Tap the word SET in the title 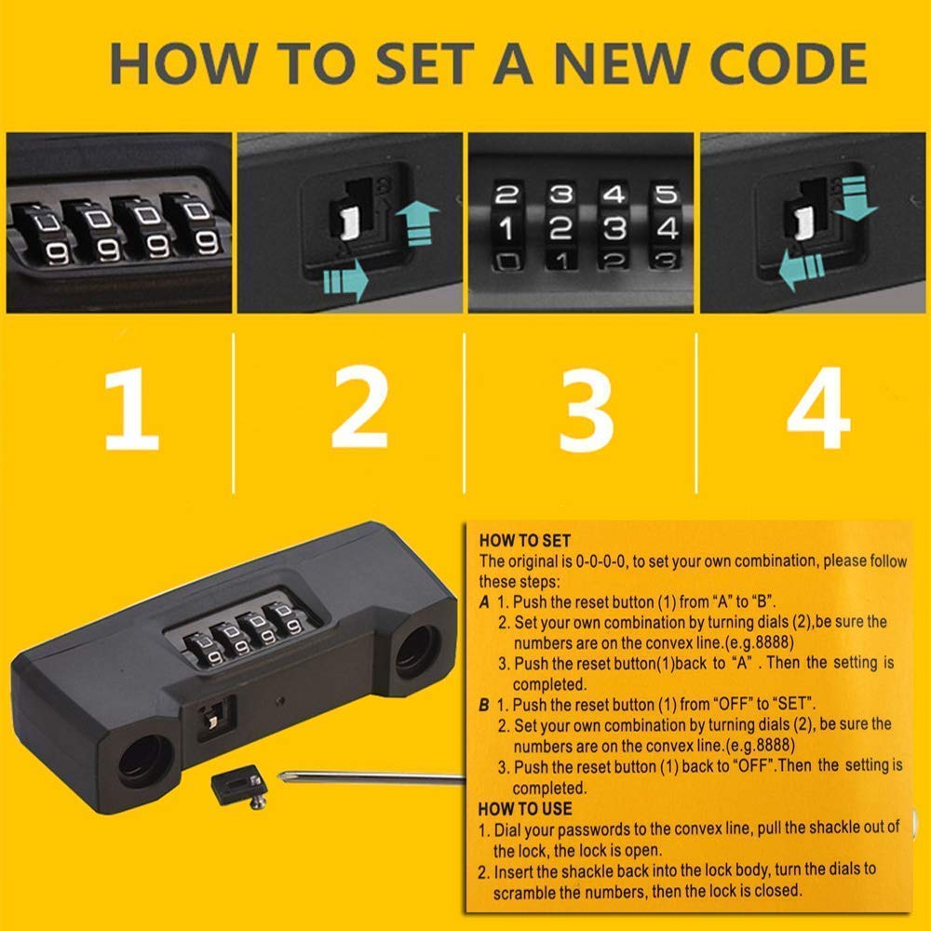coord(425,63)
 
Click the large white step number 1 coord(132,409)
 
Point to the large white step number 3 coord(586,410)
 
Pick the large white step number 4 coord(818,408)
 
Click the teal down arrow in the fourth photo coord(855,198)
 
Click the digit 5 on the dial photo coord(667,195)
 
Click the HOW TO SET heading coord(525,540)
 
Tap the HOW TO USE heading coord(525,809)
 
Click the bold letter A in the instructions coord(484,602)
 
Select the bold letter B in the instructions coord(484,705)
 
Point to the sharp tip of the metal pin coord(279,776)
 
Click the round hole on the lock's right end coord(417,653)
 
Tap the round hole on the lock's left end coord(145,762)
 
